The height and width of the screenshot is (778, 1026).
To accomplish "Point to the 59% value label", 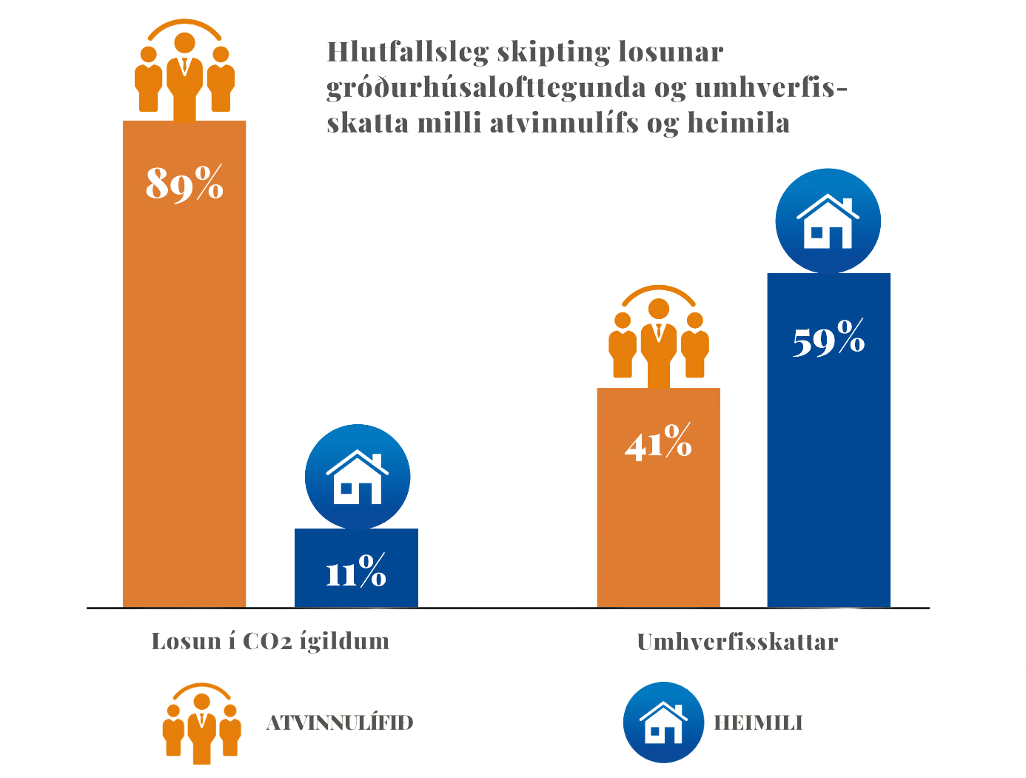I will [x=828, y=340].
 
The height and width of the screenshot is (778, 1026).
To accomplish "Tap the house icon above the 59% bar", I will [x=828, y=221].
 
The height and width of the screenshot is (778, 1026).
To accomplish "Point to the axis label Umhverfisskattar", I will [x=737, y=641].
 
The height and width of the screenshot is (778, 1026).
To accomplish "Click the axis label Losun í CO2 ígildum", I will [x=270, y=640].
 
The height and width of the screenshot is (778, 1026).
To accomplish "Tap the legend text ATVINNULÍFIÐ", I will [x=338, y=722].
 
